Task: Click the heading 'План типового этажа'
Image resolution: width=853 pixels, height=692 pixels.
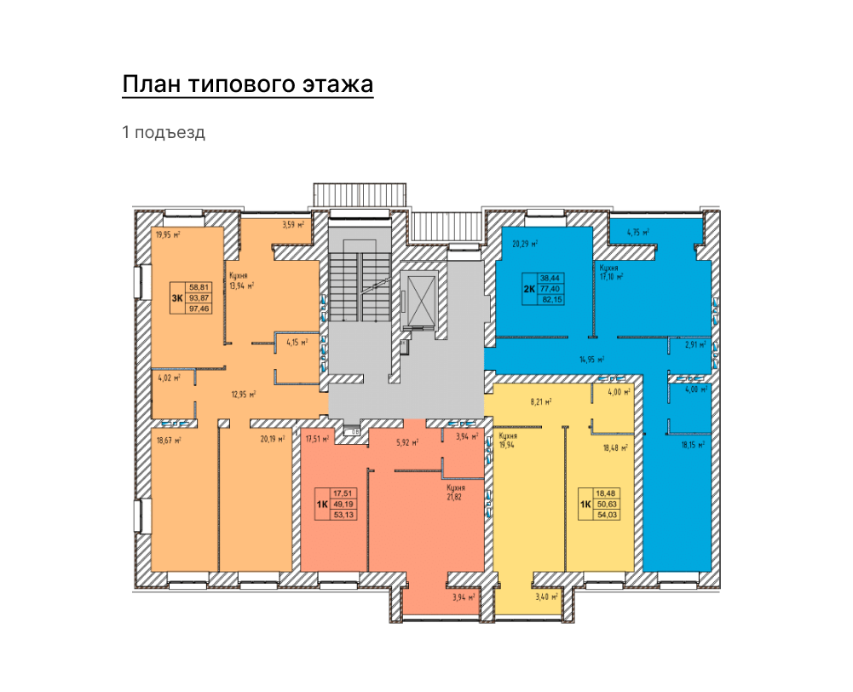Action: click(247, 85)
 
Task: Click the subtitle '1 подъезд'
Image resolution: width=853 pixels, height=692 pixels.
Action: click(164, 132)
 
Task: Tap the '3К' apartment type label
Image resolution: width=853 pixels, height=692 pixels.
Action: click(176, 297)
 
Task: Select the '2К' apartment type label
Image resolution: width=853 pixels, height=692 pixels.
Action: click(529, 289)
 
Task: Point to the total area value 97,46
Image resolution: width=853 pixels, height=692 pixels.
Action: click(199, 309)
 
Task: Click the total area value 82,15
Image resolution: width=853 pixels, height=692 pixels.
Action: click(550, 300)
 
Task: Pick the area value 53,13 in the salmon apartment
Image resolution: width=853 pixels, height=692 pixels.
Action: click(343, 515)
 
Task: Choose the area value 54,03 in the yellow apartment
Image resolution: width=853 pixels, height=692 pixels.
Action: click(607, 515)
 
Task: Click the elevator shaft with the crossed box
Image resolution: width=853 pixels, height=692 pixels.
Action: click(421, 299)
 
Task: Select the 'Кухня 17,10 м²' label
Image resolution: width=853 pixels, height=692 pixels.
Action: click(611, 272)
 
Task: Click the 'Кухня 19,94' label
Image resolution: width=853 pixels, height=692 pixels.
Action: click(507, 440)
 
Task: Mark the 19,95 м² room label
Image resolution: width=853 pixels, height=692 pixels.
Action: click(168, 235)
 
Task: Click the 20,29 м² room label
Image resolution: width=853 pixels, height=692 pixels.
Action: click(525, 245)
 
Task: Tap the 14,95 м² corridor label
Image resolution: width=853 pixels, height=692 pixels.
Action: click(592, 360)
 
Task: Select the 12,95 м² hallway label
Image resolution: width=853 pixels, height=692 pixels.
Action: click(244, 395)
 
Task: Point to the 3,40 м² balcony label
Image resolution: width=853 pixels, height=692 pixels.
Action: click(547, 597)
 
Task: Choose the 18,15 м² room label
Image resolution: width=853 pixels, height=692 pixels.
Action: click(693, 445)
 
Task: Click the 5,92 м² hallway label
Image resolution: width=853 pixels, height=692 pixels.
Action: click(407, 443)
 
